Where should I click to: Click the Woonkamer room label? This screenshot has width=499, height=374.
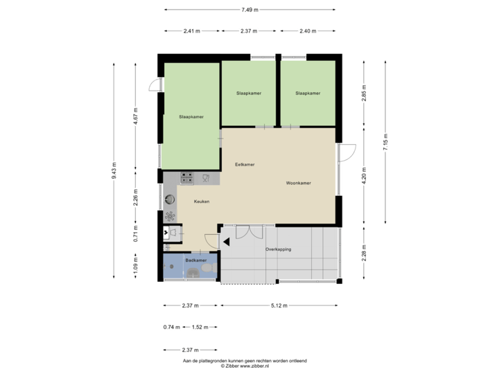pos(299,184)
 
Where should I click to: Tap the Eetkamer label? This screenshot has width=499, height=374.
pos(245,165)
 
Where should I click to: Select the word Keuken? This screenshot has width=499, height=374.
pos(202,202)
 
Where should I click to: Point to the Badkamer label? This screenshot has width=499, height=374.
pos(196,260)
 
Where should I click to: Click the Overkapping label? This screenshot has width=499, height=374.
pos(278,249)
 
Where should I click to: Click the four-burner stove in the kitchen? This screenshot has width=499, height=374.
pos(187,178)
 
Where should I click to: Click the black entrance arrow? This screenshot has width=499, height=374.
pos(226,242)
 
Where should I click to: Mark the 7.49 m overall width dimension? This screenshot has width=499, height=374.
pos(249,10)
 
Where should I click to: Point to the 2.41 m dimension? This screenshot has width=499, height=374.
pos(192,31)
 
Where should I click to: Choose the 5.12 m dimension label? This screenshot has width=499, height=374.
pos(280,305)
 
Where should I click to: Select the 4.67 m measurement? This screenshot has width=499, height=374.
pos(137,115)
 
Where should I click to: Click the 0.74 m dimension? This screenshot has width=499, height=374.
pos(171,327)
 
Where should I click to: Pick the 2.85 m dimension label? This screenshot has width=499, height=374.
pos(364,93)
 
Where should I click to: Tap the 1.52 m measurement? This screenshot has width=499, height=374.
pos(202,327)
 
